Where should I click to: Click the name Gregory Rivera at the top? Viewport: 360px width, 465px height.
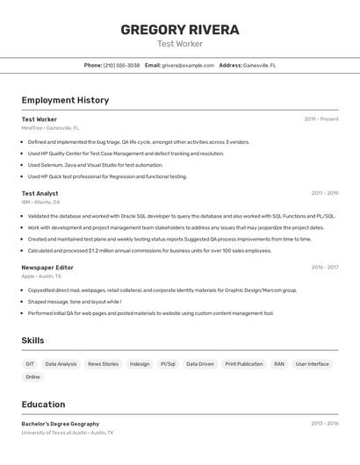(180, 29)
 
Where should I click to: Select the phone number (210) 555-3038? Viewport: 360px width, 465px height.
(121, 65)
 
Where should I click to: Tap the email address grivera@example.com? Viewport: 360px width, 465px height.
(188, 65)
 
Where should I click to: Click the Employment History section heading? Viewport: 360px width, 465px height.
(65, 100)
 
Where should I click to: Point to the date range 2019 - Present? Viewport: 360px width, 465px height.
(321, 118)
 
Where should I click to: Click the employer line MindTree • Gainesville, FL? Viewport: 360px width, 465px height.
(50, 128)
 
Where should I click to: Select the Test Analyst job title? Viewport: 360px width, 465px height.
(40, 193)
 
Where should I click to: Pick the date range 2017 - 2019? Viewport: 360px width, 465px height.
(325, 193)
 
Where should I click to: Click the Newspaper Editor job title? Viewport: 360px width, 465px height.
(47, 267)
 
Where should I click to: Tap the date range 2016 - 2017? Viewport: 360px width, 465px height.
(325, 267)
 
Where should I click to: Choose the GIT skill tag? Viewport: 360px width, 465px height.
(30, 363)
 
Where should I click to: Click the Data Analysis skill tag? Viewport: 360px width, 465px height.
(61, 363)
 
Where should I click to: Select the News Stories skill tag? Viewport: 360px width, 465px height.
(103, 363)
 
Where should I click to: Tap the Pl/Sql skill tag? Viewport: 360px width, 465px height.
(168, 363)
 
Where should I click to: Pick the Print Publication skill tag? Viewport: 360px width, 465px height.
(244, 363)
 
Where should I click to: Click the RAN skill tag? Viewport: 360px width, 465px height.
(279, 363)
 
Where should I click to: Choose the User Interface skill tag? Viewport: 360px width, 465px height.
(313, 363)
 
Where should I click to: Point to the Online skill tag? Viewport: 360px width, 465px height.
(32, 376)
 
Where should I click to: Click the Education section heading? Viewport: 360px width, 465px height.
(43, 404)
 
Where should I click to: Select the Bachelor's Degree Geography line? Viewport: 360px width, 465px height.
(61, 424)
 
